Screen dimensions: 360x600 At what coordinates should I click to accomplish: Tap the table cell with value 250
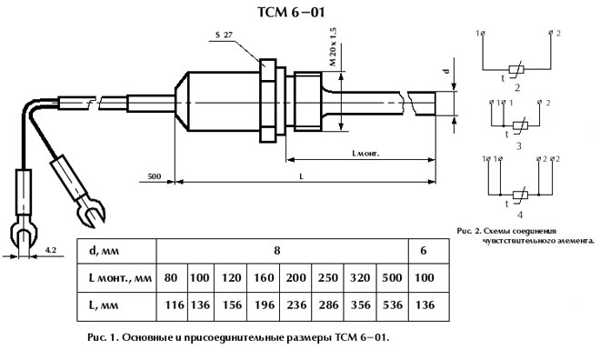click(x=325, y=277)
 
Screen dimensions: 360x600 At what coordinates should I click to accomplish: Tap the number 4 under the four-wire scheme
click(x=519, y=215)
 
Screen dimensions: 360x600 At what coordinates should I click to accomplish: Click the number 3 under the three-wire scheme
click(x=517, y=144)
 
